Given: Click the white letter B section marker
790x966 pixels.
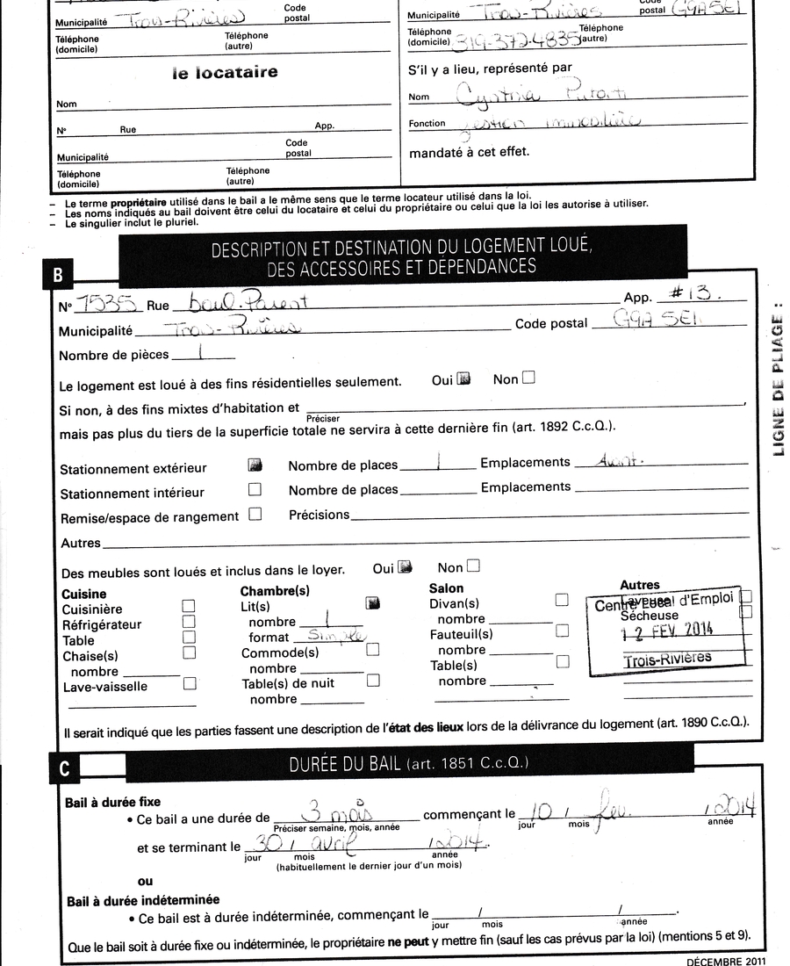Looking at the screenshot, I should click(x=57, y=275).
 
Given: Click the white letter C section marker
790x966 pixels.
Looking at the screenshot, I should click(x=64, y=768).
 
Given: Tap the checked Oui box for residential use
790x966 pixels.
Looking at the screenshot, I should click(x=464, y=378).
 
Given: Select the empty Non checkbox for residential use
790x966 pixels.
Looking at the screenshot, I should click(x=528, y=378).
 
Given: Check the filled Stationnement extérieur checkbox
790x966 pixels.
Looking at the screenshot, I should click(x=255, y=465).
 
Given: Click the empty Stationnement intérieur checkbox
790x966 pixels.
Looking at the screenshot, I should click(x=255, y=489).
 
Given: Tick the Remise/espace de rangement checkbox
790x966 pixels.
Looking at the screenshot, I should click(x=255, y=515).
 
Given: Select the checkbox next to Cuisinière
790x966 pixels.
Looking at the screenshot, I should click(x=188, y=605).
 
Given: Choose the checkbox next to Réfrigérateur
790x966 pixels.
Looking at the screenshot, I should click(x=188, y=621).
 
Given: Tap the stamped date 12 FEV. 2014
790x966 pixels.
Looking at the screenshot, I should click(x=668, y=629).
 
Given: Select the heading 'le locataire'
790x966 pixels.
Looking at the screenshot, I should click(x=225, y=73).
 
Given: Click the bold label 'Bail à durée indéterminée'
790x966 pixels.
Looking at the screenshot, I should click(x=143, y=899).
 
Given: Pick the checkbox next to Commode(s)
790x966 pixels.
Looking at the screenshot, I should click(x=372, y=649).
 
